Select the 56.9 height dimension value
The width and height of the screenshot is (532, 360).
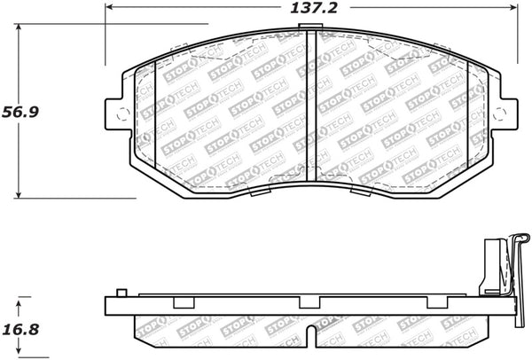[x=25, y=113]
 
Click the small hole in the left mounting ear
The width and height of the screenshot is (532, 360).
[x=123, y=113]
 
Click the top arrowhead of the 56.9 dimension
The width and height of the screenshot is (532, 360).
[x=20, y=27]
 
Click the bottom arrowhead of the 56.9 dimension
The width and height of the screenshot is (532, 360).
[x=20, y=195]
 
